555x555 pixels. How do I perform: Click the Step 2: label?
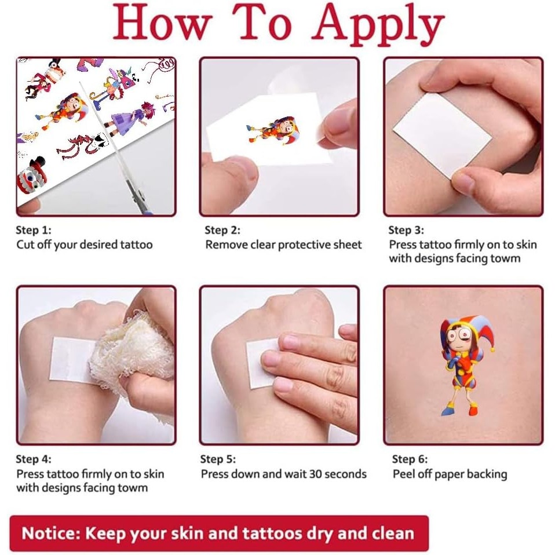tap(222, 230)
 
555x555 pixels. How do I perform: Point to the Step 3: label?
tap(406, 230)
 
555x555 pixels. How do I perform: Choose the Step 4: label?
tap(34, 459)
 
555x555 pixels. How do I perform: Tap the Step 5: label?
tap(218, 459)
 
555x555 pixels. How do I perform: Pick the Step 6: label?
tap(410, 459)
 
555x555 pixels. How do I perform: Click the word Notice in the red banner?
tap(49, 533)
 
